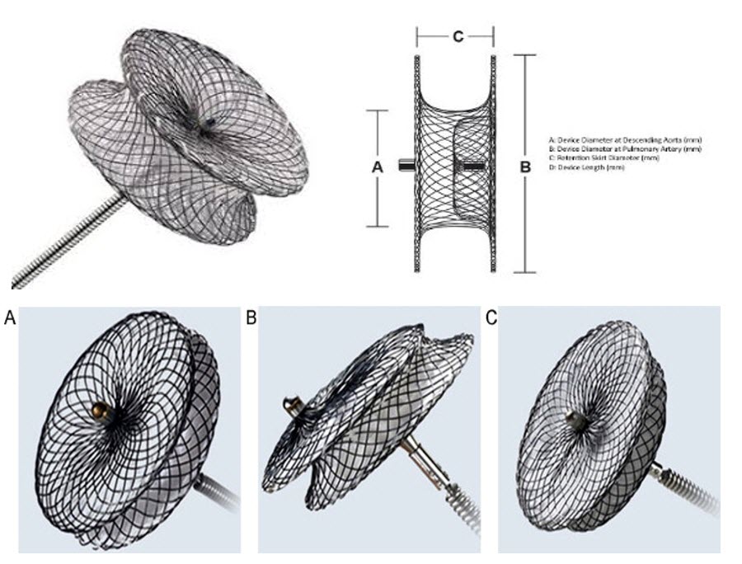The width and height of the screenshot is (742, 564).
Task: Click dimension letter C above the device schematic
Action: pos(455,36)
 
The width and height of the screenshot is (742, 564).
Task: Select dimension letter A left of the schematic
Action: pos(378,167)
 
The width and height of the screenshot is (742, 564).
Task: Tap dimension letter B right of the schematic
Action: pos(524,167)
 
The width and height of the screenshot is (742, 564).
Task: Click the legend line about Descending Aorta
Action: pos(625,141)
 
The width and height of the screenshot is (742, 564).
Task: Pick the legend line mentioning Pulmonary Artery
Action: pos(625,149)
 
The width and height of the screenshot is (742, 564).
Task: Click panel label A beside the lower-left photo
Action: pos(9,317)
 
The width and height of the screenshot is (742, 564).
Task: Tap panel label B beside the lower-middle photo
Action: pos(251,317)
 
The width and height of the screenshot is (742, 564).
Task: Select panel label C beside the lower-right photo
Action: pos(491,317)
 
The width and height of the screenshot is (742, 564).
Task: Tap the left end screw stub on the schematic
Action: pos(405,166)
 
